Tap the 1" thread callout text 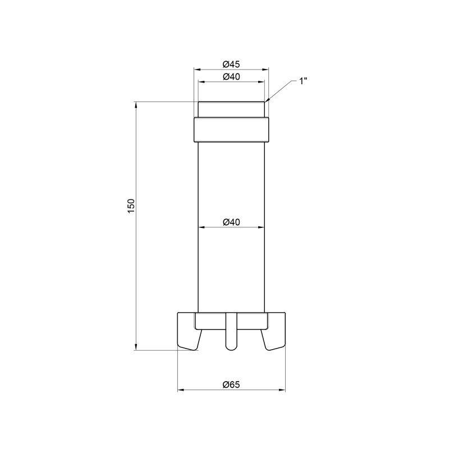[x=303, y=81]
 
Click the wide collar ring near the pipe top [x=231, y=130]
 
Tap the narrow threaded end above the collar [x=231, y=109]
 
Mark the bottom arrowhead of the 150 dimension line [x=136, y=346]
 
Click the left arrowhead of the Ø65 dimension [x=181, y=390]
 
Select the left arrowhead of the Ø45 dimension [x=197, y=69]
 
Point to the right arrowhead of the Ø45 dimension [x=265, y=69]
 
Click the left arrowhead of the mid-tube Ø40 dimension [x=201, y=228]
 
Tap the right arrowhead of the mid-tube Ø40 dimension [x=261, y=228]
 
